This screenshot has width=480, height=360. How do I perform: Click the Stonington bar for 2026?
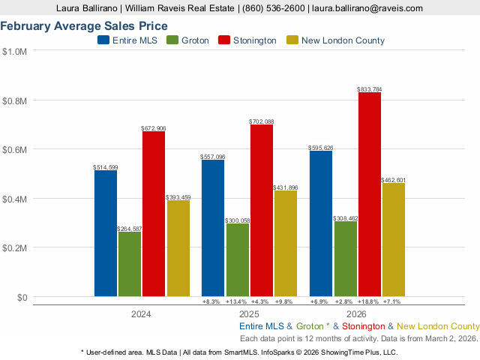tap(370, 194)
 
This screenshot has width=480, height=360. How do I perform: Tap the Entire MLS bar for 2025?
tap(213, 228)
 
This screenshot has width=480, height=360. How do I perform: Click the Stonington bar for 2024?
tap(154, 214)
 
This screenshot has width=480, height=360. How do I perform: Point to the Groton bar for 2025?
tap(237, 259)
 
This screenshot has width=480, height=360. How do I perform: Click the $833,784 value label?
tap(370, 89)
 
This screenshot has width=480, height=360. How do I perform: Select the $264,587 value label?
tap(129, 228)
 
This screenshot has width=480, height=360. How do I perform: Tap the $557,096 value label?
tap(213, 157)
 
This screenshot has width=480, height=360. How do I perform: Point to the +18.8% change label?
tap(370, 301)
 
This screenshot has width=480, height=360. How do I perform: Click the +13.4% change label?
tap(237, 301)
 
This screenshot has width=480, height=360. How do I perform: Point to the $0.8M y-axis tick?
tap(15, 100)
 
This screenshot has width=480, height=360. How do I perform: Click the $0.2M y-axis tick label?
tap(15, 247)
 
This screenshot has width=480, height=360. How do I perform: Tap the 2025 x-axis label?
tap(249, 314)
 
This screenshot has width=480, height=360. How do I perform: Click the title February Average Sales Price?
tap(84, 26)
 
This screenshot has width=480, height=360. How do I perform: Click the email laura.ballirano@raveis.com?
tap(367, 7)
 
